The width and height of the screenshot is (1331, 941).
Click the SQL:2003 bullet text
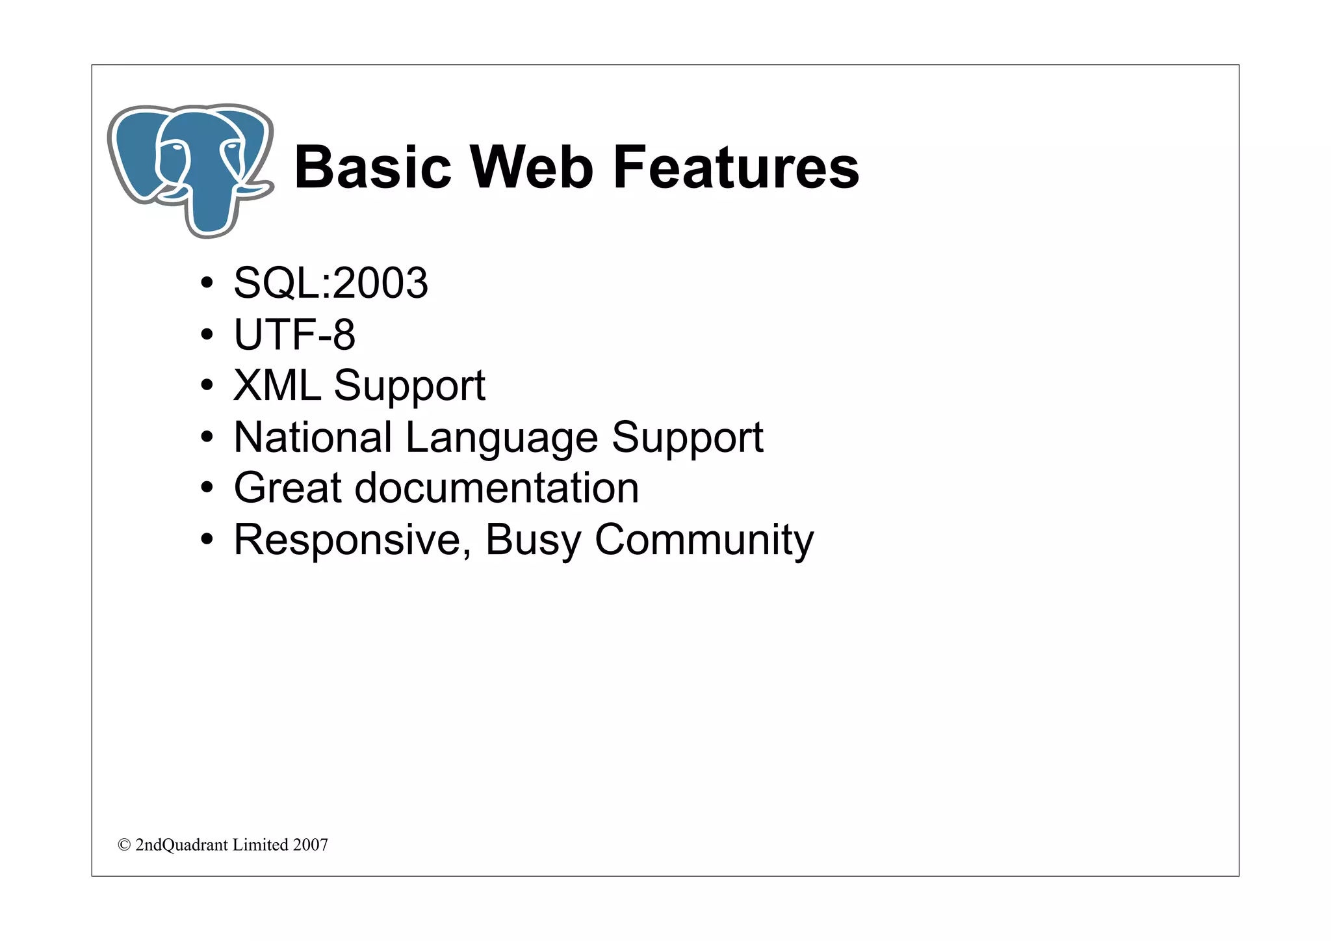coord(331,283)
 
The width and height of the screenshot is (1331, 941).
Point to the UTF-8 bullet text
coord(294,334)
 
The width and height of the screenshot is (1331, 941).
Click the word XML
coord(277,385)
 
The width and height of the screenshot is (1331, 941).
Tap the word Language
coord(501,438)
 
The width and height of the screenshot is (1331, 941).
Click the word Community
coord(704,539)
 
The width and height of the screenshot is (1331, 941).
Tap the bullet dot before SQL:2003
coord(207,284)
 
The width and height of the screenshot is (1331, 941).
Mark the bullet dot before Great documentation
coord(207,488)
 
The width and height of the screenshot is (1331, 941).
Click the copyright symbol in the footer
coord(124,845)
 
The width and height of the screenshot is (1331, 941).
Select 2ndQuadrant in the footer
coord(182,845)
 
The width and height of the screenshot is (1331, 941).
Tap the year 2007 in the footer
coord(311,845)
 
